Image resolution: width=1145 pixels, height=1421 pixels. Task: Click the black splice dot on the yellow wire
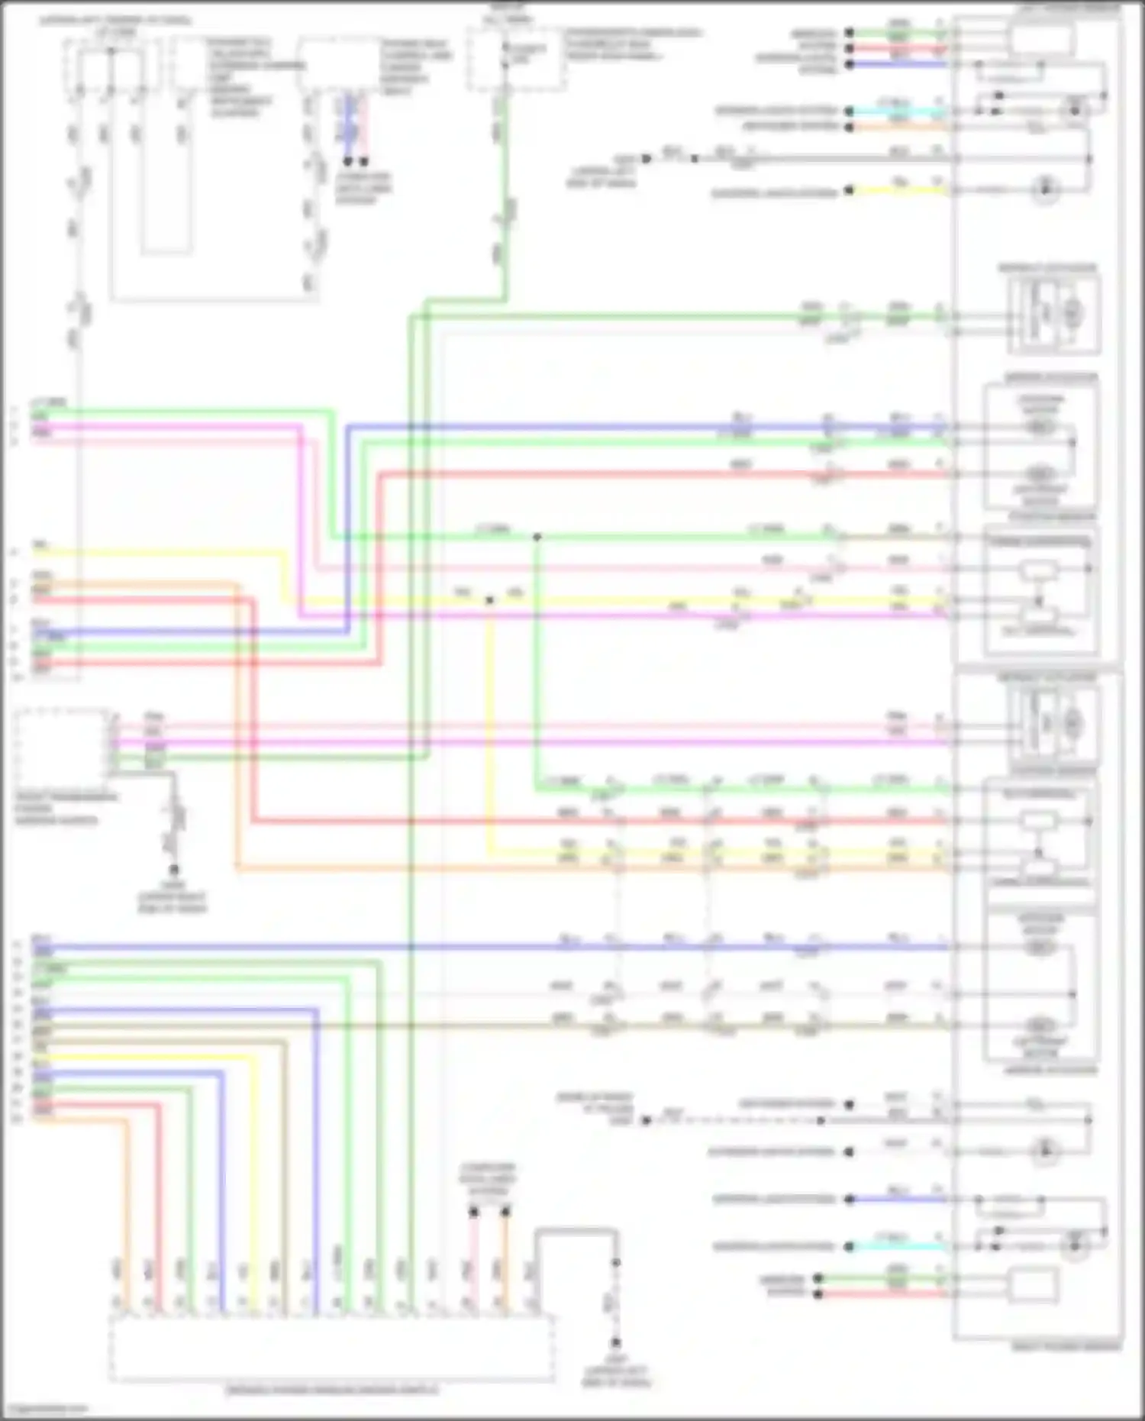(489, 601)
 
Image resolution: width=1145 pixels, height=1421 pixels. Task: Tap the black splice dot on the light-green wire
(537, 538)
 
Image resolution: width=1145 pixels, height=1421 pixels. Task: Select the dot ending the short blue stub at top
(347, 162)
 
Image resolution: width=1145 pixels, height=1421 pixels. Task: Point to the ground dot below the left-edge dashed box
(174, 870)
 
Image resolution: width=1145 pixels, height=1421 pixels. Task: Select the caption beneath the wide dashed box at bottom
(332, 1390)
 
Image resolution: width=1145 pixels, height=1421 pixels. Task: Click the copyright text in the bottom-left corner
(44, 1409)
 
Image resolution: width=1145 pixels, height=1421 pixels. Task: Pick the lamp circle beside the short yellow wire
(1044, 189)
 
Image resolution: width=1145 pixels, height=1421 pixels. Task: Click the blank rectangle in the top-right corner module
(1042, 38)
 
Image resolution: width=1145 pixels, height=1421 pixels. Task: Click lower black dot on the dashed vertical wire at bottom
(615, 1343)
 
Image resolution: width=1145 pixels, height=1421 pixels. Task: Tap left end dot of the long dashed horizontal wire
(646, 1120)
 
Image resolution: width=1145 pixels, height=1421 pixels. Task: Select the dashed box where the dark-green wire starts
(516, 60)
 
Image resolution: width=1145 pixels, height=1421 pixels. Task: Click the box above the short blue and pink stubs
(338, 65)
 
